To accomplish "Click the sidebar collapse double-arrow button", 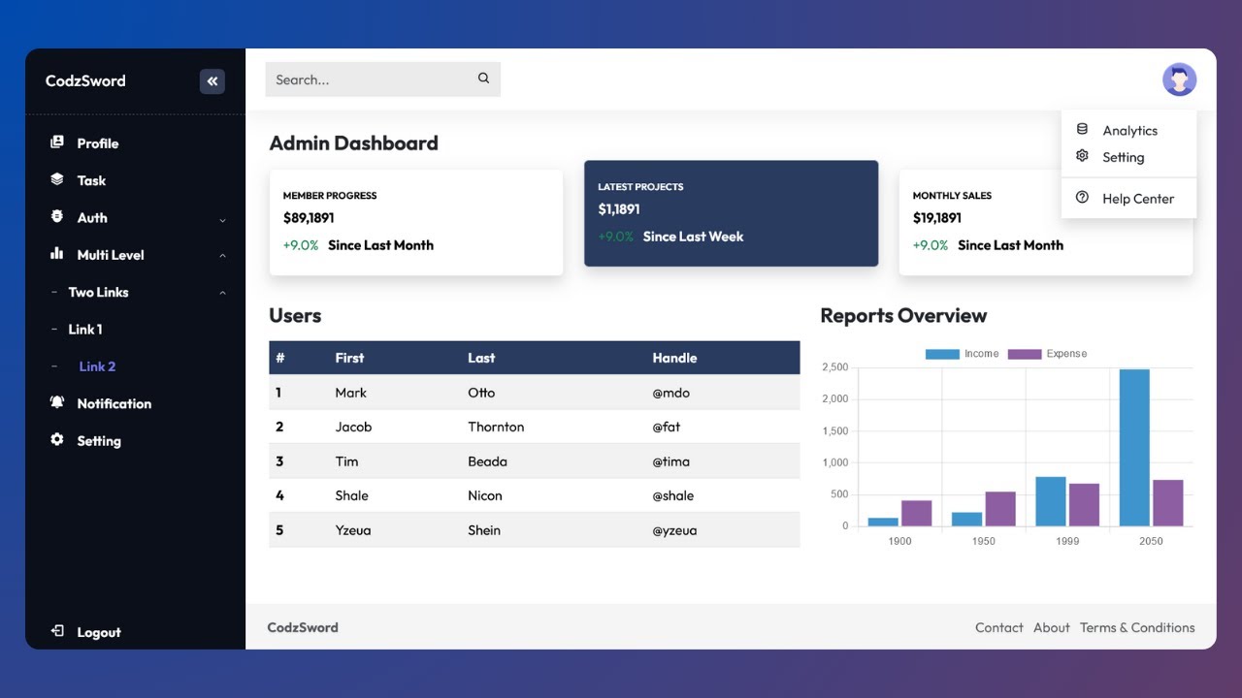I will tap(212, 81).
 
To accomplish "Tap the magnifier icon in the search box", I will tap(483, 79).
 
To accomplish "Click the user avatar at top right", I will tap(1179, 79).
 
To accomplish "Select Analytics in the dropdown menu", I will tap(1129, 130).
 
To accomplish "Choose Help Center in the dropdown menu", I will tap(1137, 199).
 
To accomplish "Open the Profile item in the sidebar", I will tap(97, 143).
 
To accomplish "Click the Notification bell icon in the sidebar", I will tap(57, 402).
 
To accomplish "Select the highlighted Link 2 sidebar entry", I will tap(97, 366).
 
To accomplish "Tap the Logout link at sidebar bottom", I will tap(98, 632).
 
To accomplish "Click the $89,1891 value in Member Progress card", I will tap(309, 218).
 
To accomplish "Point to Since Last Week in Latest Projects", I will tap(693, 237).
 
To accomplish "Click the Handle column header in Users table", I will tap(674, 358).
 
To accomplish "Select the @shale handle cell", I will tap(672, 495).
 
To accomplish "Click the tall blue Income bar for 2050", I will tap(1133, 448).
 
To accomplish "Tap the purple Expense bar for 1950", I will tap(1000, 509).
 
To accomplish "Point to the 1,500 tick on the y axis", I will tap(834, 430).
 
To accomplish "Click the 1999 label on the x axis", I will tap(1067, 541).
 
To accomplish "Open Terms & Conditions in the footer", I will tap(1137, 627).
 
